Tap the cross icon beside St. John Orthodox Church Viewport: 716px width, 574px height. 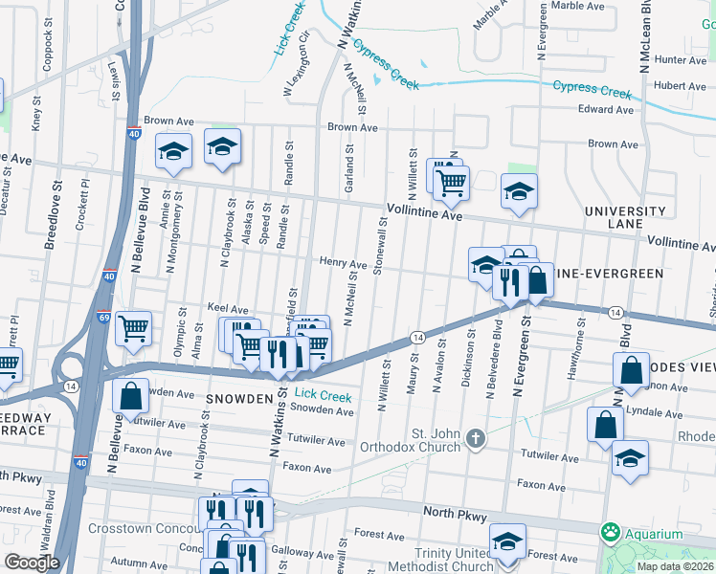(476, 440)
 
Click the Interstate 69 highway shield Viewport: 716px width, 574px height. (103, 317)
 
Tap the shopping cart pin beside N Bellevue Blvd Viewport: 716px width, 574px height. (133, 328)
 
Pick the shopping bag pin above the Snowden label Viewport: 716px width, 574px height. (130, 395)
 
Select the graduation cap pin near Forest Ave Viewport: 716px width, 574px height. (507, 541)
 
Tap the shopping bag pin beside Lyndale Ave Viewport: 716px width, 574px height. (607, 426)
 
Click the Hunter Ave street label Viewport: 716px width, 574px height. (681, 59)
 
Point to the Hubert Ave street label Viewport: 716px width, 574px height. (681, 85)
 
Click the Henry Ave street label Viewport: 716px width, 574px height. (343, 262)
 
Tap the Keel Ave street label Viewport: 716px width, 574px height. (228, 309)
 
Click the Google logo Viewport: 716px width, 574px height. (32, 562)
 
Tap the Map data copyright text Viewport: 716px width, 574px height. (675, 566)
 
